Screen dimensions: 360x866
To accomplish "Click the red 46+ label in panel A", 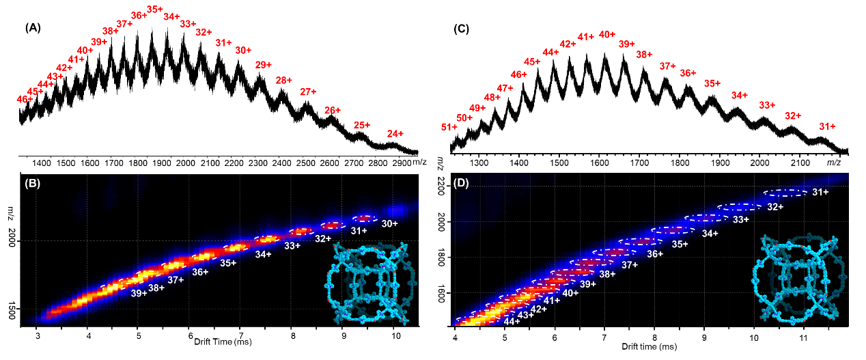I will point(25,99).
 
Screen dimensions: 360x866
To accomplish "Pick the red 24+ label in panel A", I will point(395,133).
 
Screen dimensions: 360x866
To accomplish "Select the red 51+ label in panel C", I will point(449,127).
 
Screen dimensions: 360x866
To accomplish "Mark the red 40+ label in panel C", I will point(607,34).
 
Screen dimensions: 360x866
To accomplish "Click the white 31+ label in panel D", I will point(820,193).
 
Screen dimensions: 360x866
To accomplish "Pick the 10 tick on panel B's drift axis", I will point(395,336).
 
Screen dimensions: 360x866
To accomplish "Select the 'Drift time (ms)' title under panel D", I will point(649,346).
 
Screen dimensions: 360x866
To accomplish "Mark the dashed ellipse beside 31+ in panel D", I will point(785,193).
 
